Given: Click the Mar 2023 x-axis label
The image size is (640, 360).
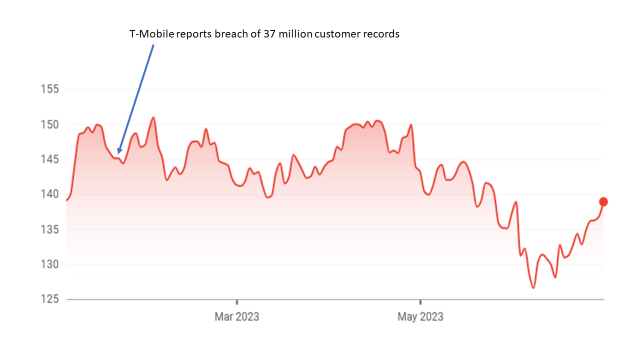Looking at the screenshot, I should [x=236, y=316].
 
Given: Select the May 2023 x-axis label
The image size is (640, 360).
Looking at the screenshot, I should [x=420, y=316].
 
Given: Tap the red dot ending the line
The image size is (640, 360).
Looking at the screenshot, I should [x=603, y=202].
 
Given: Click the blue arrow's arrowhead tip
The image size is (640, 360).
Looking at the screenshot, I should [x=118, y=153].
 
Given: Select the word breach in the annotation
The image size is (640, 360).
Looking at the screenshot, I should [x=226, y=34].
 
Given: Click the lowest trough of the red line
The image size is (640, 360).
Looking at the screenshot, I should [x=533, y=288].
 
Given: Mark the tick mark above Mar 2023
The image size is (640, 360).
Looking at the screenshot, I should [x=237, y=301].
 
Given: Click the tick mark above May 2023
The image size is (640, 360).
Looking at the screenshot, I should [x=420, y=301].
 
